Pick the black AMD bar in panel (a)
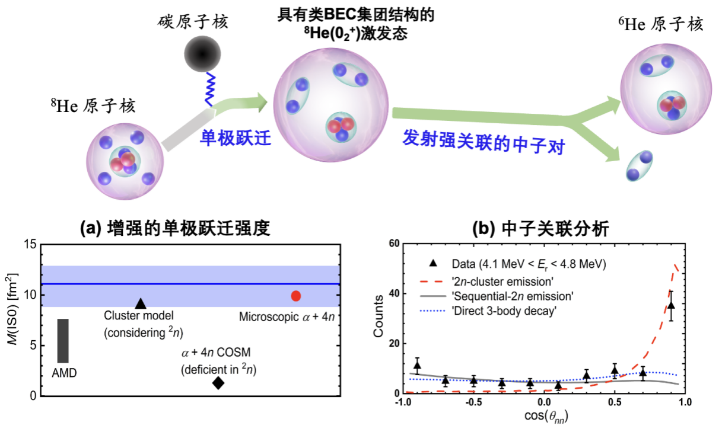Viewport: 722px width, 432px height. [63, 340]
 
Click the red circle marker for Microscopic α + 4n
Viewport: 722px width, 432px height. [296, 296]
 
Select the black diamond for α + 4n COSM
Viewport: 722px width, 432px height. [218, 383]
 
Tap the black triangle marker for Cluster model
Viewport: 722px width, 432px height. [141, 303]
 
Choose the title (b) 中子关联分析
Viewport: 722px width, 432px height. [540, 229]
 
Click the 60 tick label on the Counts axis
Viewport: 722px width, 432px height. [392, 244]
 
